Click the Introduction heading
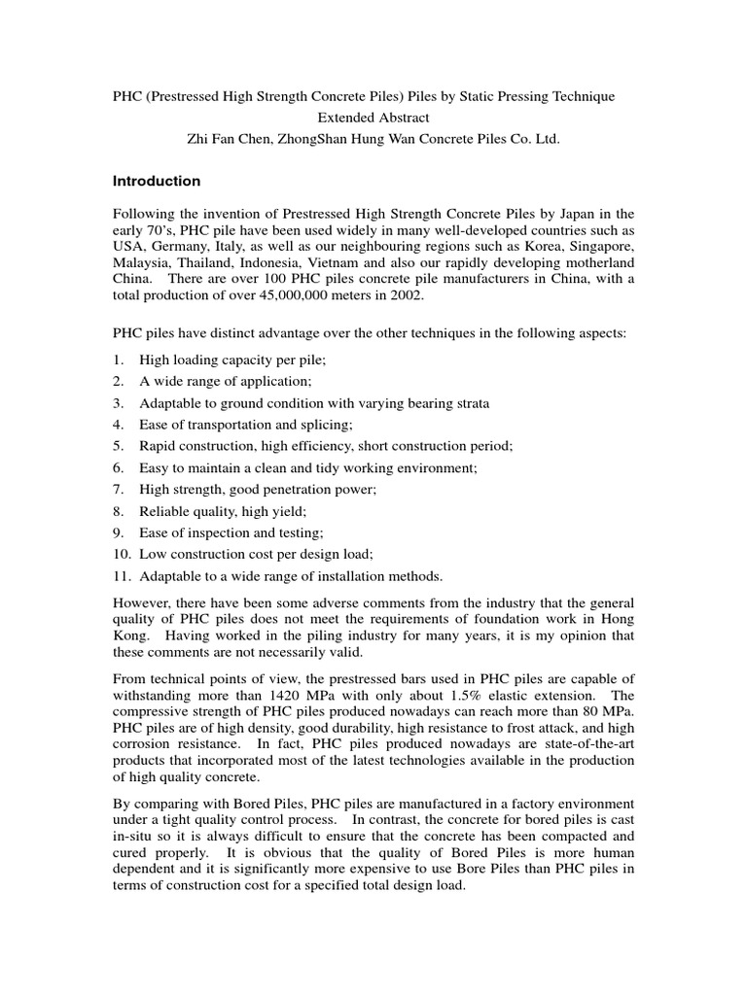[x=157, y=181]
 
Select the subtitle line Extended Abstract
[x=373, y=118]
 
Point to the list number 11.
[x=121, y=574]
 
